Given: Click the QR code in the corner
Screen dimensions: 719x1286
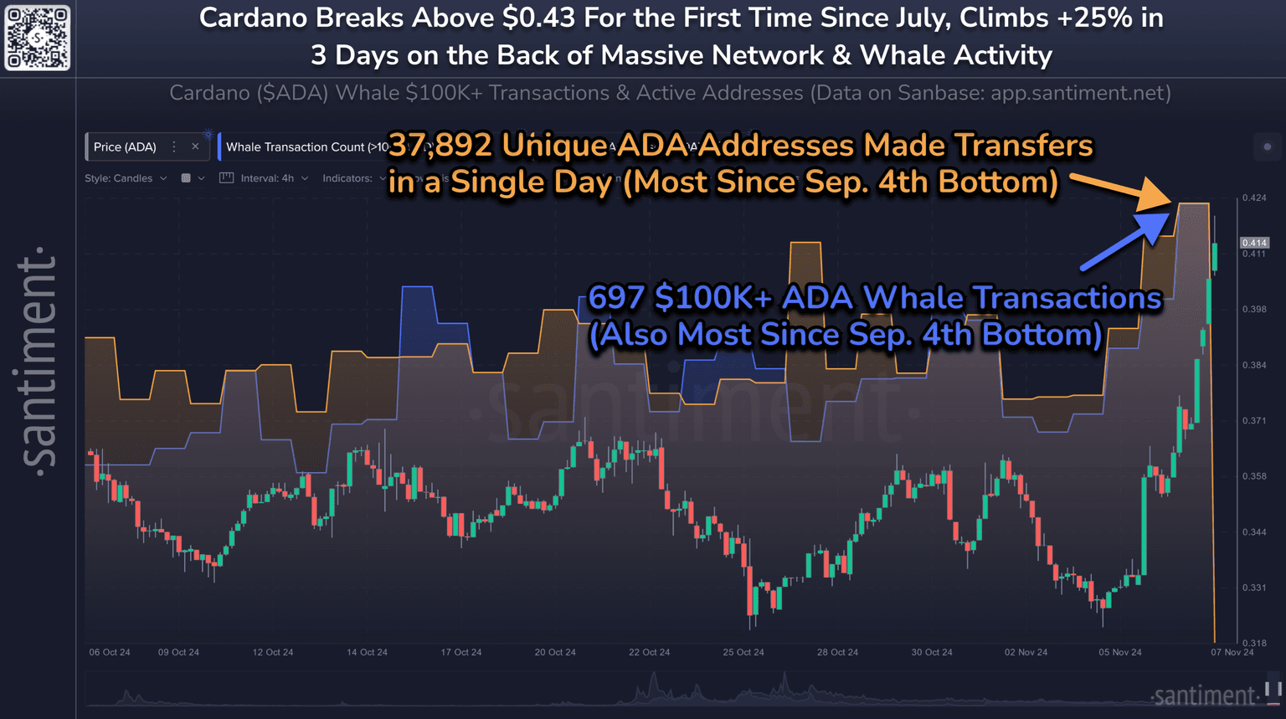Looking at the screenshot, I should pos(38,38).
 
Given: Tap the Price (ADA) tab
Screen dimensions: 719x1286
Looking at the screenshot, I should pos(125,147).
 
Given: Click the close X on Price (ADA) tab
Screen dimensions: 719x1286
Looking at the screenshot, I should pos(196,146).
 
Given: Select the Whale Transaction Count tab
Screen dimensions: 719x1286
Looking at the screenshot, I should pos(301,147).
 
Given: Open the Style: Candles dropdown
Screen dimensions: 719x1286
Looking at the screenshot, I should pos(126,178).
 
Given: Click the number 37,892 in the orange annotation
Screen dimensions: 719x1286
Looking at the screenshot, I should pos(440,146).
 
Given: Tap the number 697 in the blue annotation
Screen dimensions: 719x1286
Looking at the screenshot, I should pos(616,297).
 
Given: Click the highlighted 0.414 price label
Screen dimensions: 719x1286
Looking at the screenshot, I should pos(1254,243).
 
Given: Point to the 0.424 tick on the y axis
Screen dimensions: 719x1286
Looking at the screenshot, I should pos(1254,198).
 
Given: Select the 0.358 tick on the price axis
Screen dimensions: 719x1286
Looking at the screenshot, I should pos(1254,476).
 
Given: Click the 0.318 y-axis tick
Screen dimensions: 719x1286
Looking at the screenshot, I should pos(1254,643).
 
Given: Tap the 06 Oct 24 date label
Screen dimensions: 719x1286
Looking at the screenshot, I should pos(110,652).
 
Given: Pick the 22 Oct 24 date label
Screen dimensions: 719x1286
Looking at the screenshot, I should pos(649,652).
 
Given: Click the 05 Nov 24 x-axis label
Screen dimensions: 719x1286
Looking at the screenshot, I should pos(1120,652).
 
